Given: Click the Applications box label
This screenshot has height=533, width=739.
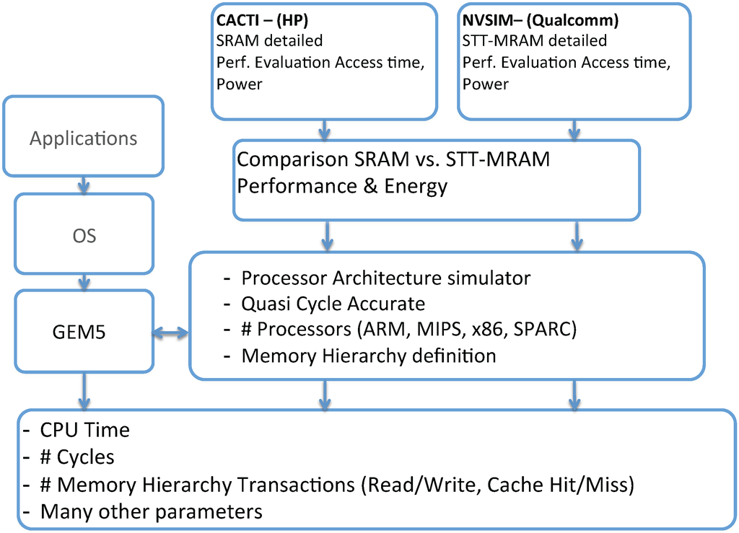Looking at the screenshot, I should point(83,138).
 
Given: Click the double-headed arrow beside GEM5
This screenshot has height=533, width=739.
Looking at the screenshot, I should point(170,333).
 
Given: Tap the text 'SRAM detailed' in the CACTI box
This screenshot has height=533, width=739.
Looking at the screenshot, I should point(269,41).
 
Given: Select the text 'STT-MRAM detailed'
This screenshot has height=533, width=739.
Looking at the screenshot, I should point(535,41).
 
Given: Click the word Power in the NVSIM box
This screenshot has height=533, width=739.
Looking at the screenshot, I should point(485,84).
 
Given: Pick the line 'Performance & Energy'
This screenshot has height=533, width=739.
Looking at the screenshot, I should point(343,187).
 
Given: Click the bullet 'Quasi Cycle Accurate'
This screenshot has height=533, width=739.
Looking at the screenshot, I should point(333,303).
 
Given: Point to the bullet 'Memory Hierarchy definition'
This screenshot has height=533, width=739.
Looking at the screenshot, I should point(368,356).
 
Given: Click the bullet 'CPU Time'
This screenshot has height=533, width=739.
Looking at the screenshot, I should point(84,431).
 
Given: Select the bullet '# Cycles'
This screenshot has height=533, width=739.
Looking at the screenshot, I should point(77,457).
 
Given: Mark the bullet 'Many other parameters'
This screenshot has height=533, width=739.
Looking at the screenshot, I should point(151,512).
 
